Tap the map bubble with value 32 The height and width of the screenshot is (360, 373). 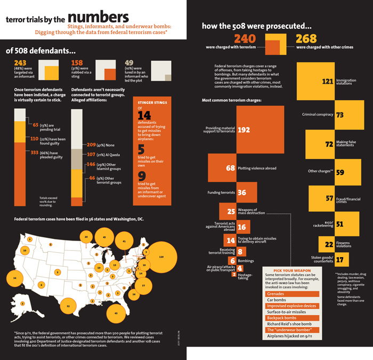click(x=68, y=307)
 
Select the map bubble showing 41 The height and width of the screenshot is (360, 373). click(x=124, y=241)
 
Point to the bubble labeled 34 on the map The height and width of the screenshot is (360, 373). click(x=15, y=278)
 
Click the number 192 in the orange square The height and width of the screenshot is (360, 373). click(x=244, y=130)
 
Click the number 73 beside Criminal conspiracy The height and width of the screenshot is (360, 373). click(x=339, y=115)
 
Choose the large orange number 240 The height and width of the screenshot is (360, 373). click(x=245, y=38)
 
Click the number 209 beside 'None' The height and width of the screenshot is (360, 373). click(x=91, y=145)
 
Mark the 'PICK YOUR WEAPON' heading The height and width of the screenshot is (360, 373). click(x=293, y=271)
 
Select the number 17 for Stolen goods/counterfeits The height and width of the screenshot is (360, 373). click(x=339, y=260)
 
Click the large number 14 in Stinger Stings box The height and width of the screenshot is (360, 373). click(x=144, y=115)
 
